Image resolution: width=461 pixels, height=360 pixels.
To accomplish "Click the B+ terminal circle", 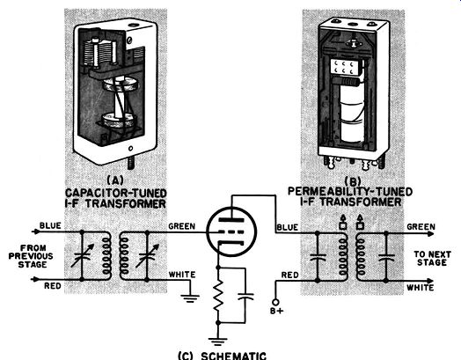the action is [x=275, y=302].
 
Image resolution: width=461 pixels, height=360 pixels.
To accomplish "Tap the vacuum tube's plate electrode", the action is [x=231, y=220].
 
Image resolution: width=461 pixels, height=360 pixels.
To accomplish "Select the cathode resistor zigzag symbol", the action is [x=218, y=295].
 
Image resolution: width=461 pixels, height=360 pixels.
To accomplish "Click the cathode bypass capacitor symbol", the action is [x=245, y=296].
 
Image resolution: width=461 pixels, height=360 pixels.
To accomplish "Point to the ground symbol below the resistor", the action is [x=218, y=342].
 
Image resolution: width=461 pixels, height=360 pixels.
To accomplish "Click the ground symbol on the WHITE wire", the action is [x=190, y=298].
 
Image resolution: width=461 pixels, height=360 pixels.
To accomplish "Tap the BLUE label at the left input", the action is [x=50, y=225].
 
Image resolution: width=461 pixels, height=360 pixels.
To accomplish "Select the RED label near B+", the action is [x=290, y=275].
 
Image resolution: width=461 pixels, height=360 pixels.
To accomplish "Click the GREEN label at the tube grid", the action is [x=182, y=226].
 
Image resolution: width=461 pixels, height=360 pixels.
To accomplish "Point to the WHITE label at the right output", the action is [x=421, y=287].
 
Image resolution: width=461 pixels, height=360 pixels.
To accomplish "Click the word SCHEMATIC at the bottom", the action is [x=233, y=356].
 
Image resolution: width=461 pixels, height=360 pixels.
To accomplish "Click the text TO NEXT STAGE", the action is [x=432, y=258].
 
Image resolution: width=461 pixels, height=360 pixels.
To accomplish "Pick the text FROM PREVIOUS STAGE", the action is [x=31, y=256].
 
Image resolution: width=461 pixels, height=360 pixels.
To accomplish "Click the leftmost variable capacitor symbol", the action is [x=82, y=255].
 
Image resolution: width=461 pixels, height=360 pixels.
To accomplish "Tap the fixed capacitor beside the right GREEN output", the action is [x=386, y=258].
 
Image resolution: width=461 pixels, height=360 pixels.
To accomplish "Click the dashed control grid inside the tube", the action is [x=231, y=232].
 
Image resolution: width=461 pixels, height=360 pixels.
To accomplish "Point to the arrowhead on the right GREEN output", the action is [x=430, y=234].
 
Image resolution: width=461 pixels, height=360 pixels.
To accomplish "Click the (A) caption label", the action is [x=115, y=180].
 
